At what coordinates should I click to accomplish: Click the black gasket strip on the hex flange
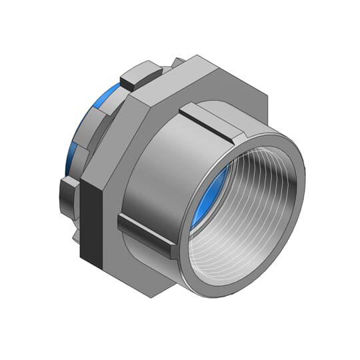point(94,221)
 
